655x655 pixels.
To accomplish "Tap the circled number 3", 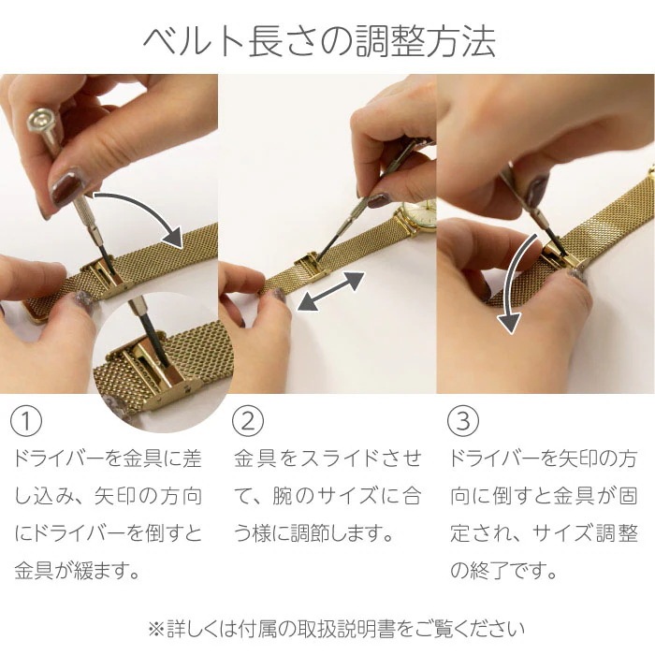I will pyautogui.click(x=462, y=420).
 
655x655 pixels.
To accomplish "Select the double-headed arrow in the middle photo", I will pyautogui.click(x=327, y=290).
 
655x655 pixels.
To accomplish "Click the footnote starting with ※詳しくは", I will pyautogui.click(x=327, y=627).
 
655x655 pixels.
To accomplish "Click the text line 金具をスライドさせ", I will pyautogui.click(x=327, y=459).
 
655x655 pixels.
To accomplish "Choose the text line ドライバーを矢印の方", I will pyautogui.click(x=544, y=459).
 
